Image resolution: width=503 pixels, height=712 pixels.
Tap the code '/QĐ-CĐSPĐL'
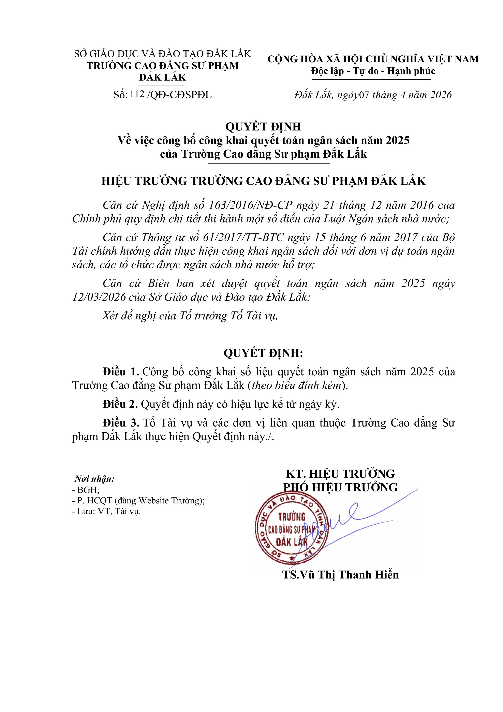[x=180, y=95]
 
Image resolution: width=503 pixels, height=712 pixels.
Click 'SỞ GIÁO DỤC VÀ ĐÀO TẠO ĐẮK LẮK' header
[x=162, y=54]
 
